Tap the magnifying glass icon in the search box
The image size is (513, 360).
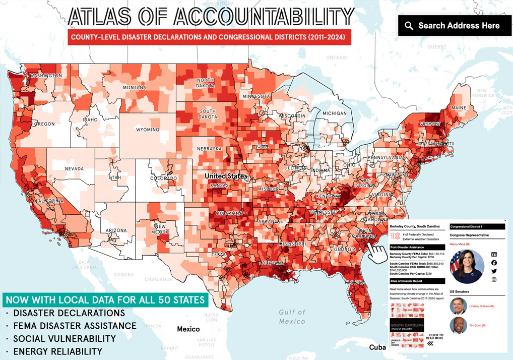[x=409, y=26]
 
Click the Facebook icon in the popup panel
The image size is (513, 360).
[x=494, y=263]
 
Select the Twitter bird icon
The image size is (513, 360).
[x=494, y=271]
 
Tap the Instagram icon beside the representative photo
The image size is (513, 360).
[x=494, y=279]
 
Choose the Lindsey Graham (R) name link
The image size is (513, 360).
[x=481, y=306]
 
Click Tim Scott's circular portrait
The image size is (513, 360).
[x=458, y=325]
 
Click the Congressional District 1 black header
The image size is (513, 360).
[x=477, y=227]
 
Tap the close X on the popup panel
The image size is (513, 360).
[x=505, y=220]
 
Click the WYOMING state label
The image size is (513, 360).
[x=148, y=130]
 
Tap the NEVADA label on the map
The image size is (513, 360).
[x=74, y=168]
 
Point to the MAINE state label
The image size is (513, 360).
[x=459, y=108]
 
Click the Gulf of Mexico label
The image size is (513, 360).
[x=292, y=317]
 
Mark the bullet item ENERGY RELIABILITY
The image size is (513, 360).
[x=57, y=351]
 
